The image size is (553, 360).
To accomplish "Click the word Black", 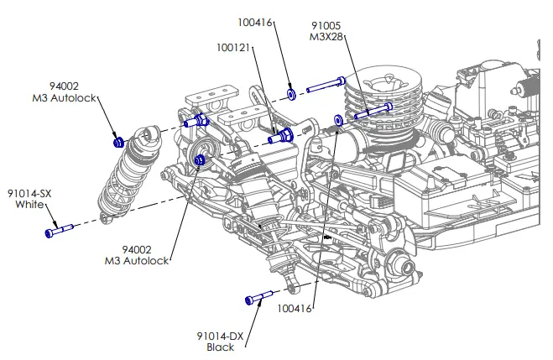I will click(x=221, y=347).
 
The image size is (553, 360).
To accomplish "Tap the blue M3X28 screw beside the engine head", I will click(x=373, y=112).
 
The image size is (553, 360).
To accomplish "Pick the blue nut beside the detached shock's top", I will click(x=119, y=139).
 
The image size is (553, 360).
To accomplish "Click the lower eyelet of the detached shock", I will click(x=104, y=219).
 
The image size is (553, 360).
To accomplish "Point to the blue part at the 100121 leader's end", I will click(x=281, y=134).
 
